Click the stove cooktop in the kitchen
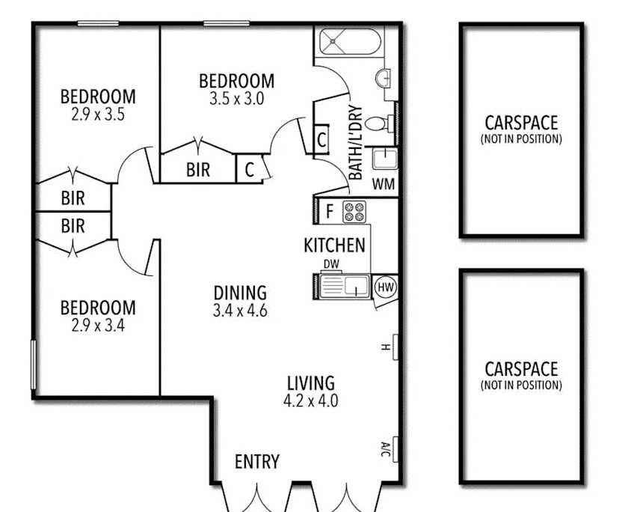[354, 212]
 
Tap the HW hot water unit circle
[385, 287]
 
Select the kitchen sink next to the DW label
[344, 285]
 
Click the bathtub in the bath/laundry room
[349, 41]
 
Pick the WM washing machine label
[384, 184]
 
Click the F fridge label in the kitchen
[330, 212]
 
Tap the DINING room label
[240, 293]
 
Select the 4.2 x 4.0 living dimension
[311, 401]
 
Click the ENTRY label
[257, 461]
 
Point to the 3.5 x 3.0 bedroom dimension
[236, 99]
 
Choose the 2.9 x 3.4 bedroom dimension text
[98, 326]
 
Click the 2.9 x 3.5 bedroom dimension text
[98, 115]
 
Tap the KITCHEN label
[334, 245]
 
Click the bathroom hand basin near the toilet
[383, 78]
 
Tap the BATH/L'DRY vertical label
[355, 142]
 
